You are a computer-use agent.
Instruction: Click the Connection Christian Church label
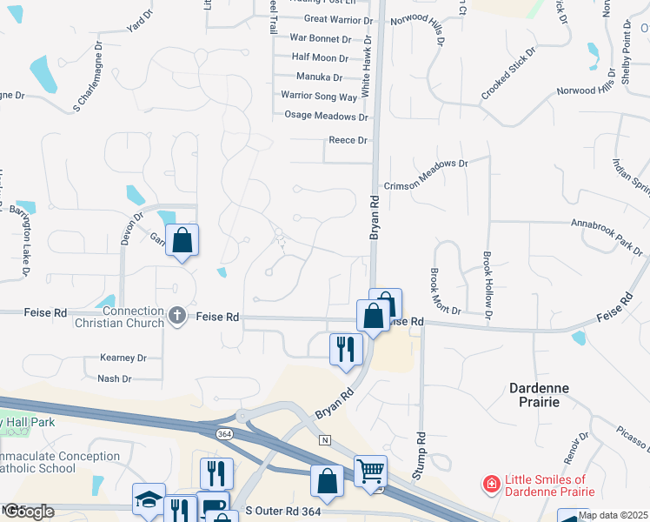(x=133, y=317)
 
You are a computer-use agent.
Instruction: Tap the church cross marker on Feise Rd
(x=177, y=315)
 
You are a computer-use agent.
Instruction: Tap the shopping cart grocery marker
(x=370, y=471)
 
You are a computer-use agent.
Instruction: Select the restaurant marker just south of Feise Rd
(x=346, y=349)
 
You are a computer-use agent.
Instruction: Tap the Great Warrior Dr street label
(x=338, y=19)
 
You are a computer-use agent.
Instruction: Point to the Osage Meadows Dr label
(x=327, y=116)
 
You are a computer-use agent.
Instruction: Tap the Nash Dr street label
(x=115, y=378)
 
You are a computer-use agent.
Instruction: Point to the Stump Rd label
(x=421, y=452)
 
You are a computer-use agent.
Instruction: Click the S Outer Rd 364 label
(x=282, y=511)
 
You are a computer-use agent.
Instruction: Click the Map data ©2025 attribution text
(x=613, y=515)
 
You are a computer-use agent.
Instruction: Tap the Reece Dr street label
(x=348, y=140)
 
